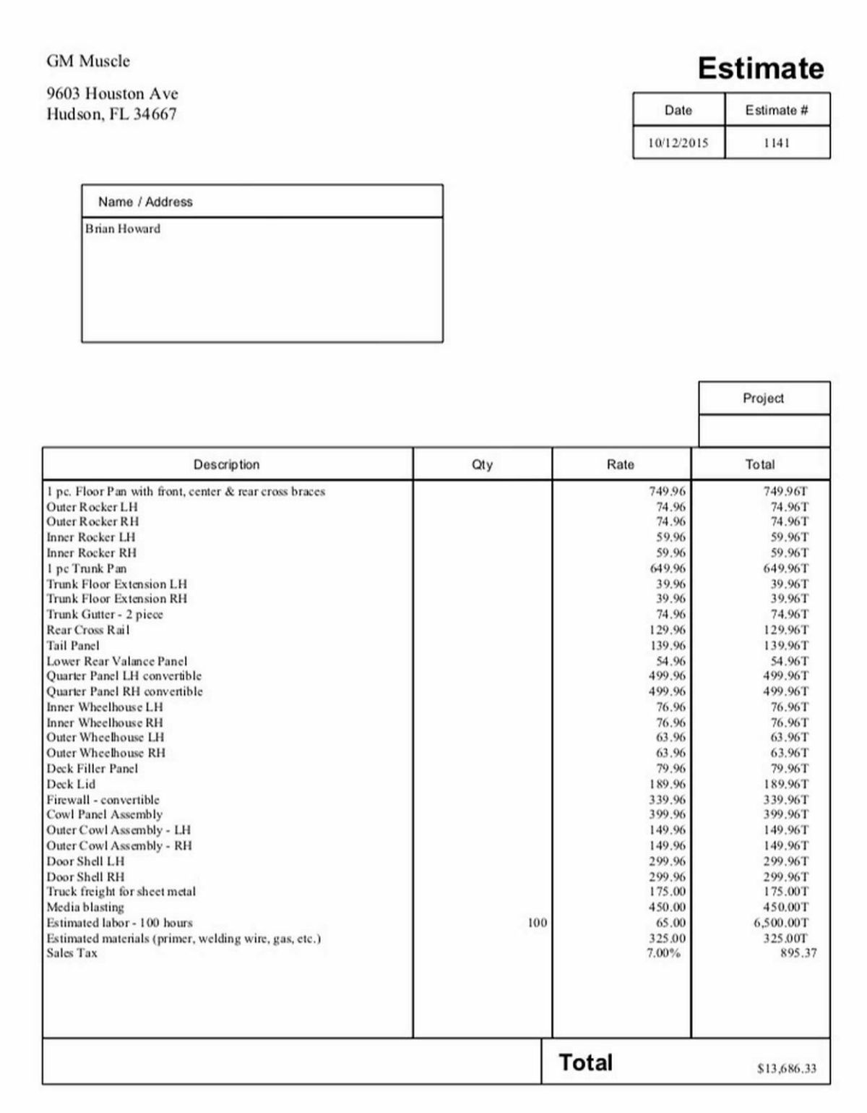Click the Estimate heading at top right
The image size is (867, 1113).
[x=760, y=69]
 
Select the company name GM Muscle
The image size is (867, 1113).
[x=88, y=61]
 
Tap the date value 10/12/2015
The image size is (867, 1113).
[x=678, y=143]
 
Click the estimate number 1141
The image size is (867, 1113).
[x=777, y=143]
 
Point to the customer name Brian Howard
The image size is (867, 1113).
[x=123, y=229]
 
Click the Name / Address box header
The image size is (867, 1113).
[x=145, y=202]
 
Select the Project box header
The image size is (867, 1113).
[x=763, y=398]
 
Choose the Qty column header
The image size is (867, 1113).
[x=482, y=465]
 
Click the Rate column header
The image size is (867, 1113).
[x=620, y=465]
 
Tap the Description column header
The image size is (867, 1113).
[x=226, y=465]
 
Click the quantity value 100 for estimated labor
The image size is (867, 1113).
[x=537, y=923]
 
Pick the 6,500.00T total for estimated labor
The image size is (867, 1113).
[x=781, y=923]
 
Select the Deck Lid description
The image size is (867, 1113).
[x=71, y=784]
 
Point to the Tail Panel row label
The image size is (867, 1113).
[x=73, y=646]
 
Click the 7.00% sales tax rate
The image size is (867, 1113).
[x=663, y=953]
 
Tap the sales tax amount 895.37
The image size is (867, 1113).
[x=798, y=953]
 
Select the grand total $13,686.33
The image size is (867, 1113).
[x=787, y=1068]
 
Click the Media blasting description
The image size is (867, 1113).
[x=85, y=907]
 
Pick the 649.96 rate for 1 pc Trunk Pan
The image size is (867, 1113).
[x=668, y=568]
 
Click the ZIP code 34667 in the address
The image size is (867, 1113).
[x=155, y=114]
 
